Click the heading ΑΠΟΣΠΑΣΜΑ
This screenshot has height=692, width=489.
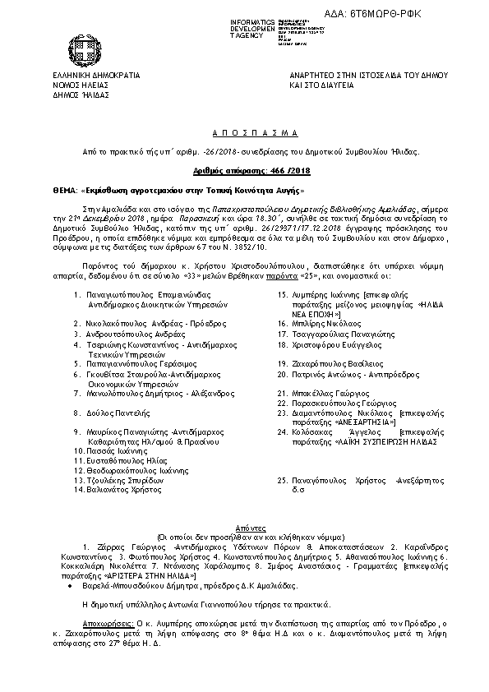244,132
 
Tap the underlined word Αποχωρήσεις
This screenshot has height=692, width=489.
108,613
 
